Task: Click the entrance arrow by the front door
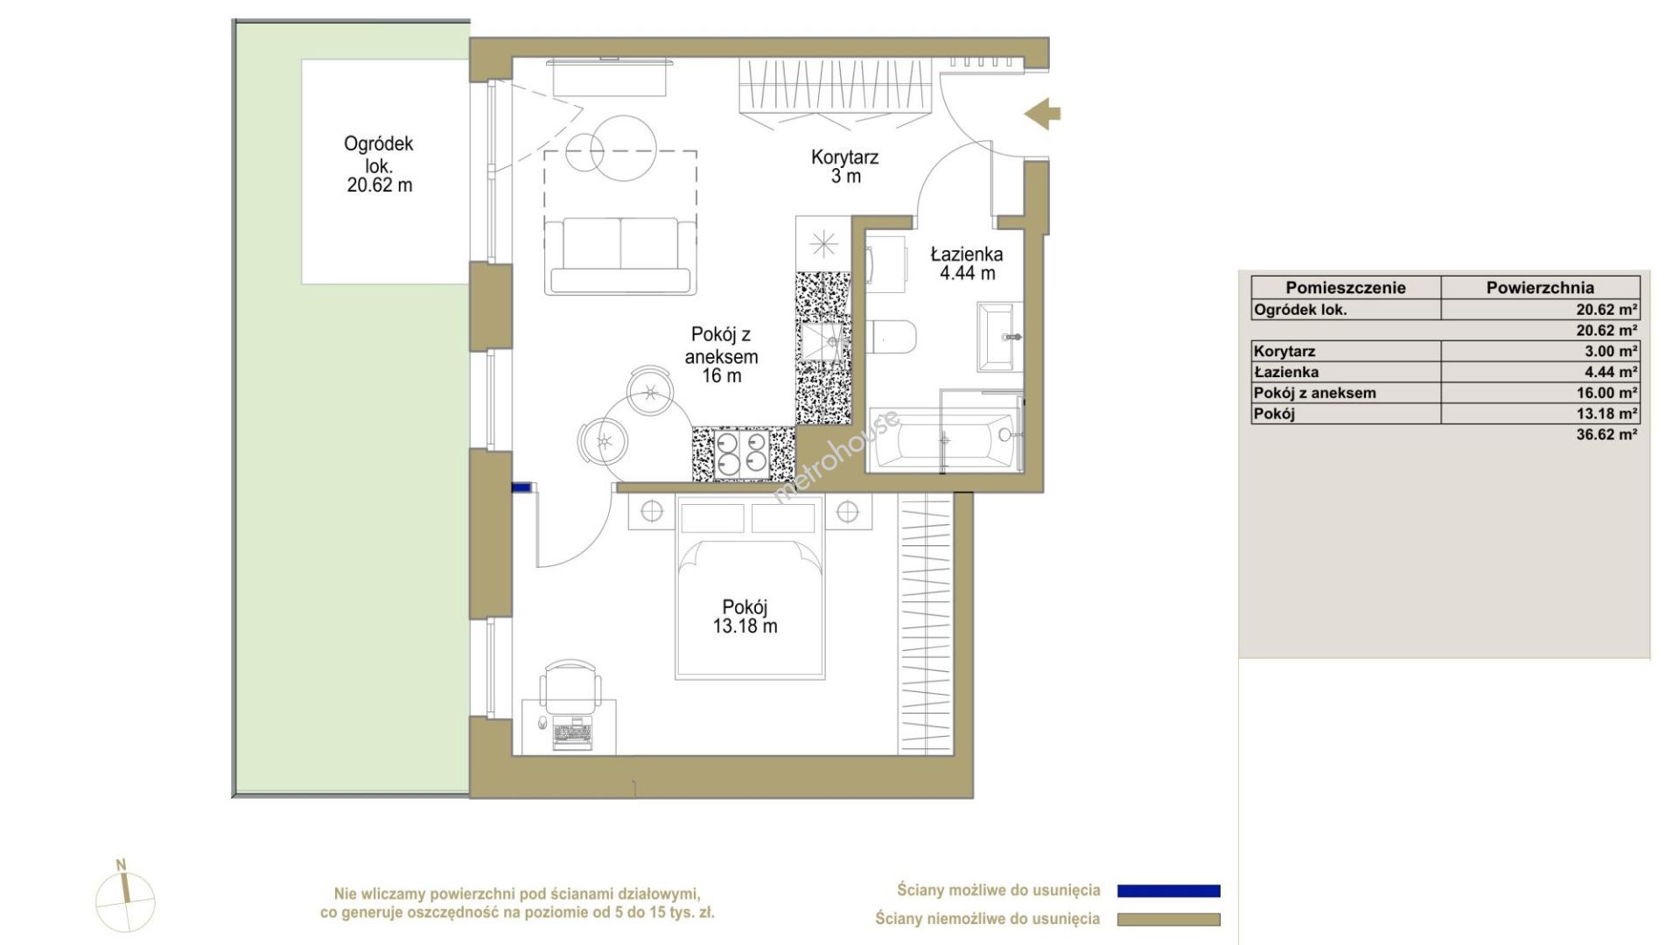[x=1043, y=113]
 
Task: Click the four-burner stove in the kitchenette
[x=742, y=453]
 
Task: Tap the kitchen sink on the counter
[x=822, y=340]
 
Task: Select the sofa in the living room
[x=620, y=255]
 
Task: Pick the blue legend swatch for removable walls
[x=1168, y=891]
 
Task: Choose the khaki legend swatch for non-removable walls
[x=1168, y=920]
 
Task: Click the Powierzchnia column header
[x=1540, y=288]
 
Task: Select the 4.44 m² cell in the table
[x=1611, y=372]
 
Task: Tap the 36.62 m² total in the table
[x=1606, y=434]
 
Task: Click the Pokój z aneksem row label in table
[x=1314, y=393]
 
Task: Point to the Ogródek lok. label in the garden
[x=379, y=153]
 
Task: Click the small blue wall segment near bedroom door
[x=521, y=488]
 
